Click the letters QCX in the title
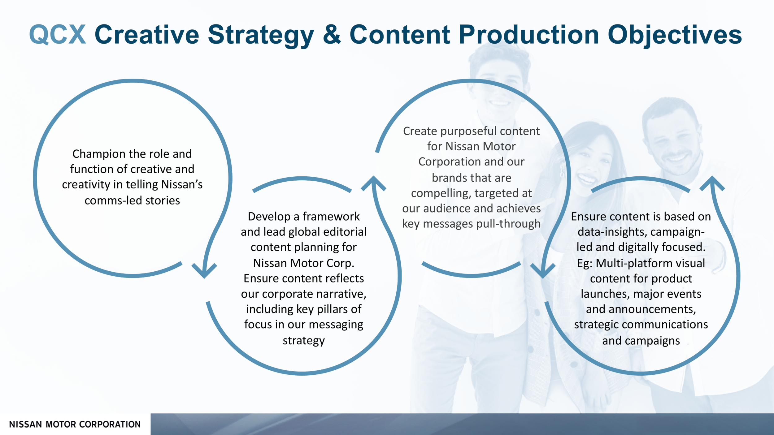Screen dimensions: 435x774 58,35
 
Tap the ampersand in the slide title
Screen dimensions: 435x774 332,35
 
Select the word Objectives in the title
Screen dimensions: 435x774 675,35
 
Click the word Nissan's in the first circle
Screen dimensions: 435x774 182,184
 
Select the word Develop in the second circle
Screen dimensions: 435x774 269,217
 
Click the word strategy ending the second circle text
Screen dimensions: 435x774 304,340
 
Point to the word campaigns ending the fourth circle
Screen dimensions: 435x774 656,341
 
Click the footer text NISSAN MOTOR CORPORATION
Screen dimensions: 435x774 75,424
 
